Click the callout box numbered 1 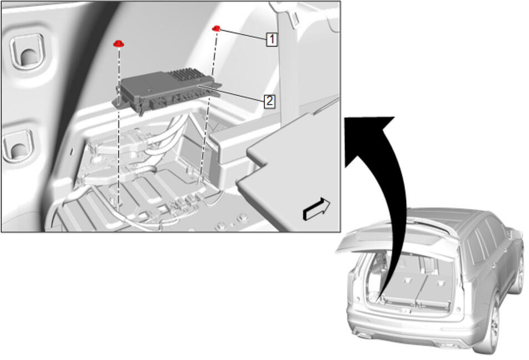tap(272, 39)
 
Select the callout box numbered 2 tap(269, 101)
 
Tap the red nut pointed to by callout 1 tap(216, 29)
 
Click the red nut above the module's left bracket tap(119, 43)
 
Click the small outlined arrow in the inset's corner tap(316, 209)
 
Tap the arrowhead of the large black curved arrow tap(370, 135)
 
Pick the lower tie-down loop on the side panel tap(18, 146)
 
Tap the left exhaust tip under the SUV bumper tap(364, 335)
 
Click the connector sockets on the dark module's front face tap(175, 99)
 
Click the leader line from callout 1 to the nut tap(243, 34)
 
